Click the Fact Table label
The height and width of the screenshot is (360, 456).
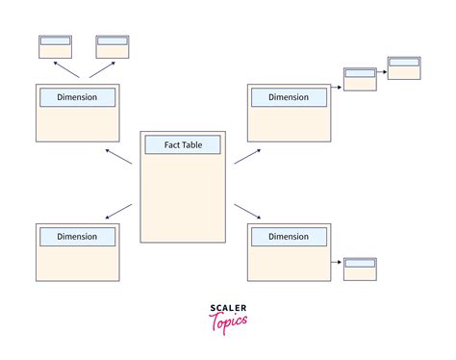click(x=182, y=144)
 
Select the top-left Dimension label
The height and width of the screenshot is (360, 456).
click(x=77, y=97)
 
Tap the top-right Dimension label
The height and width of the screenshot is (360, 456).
click(x=289, y=97)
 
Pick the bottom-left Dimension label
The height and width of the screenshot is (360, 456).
click(x=77, y=236)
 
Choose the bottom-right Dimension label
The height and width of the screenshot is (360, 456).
click(x=289, y=236)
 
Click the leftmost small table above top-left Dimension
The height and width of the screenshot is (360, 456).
click(x=54, y=47)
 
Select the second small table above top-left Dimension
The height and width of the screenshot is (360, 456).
click(x=113, y=47)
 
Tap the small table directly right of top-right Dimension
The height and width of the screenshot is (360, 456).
click(x=360, y=79)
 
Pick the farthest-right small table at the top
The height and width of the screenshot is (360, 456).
click(x=404, y=67)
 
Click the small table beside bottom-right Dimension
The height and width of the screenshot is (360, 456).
click(x=360, y=269)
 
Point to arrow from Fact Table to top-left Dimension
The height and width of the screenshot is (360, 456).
click(x=118, y=157)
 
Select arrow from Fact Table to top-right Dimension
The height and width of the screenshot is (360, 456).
click(x=246, y=157)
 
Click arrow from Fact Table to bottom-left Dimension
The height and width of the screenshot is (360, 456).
click(x=118, y=211)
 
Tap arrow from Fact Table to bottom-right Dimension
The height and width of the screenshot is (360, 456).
click(x=246, y=211)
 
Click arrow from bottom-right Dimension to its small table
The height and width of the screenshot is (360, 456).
click(x=337, y=262)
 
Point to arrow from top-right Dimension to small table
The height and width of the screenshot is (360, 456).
click(x=337, y=87)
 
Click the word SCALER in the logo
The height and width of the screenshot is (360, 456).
click(x=227, y=309)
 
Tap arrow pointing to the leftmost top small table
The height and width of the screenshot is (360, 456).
click(x=64, y=69)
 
